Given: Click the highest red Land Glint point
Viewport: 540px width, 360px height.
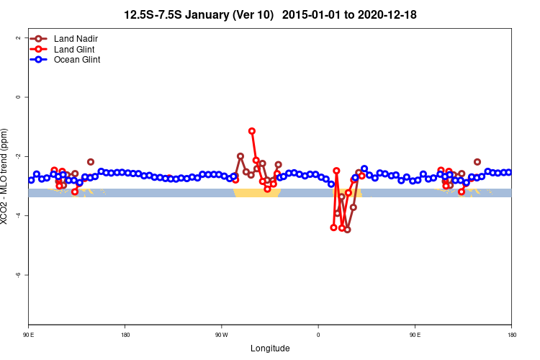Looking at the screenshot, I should pyautogui.click(x=251, y=131).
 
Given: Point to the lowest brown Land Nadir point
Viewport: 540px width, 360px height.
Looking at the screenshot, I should pyautogui.click(x=347, y=230).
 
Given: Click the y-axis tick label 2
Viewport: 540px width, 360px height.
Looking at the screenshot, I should pyautogui.click(x=19, y=37).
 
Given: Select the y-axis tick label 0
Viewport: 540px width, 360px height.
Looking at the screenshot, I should pyautogui.click(x=19, y=96).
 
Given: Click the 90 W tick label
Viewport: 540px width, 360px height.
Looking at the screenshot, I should pyautogui.click(x=221, y=335).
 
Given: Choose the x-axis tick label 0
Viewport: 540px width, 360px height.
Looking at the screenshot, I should pyautogui.click(x=318, y=335).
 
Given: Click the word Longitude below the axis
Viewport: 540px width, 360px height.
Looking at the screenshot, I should pyautogui.click(x=270, y=348).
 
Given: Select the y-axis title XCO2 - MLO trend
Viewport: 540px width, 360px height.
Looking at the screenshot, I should pyautogui.click(x=6, y=176).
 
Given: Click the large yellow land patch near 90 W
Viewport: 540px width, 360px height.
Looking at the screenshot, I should pyautogui.click(x=256, y=193).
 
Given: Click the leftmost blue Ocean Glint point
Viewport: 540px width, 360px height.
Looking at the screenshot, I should pyautogui.click(x=31, y=180).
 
